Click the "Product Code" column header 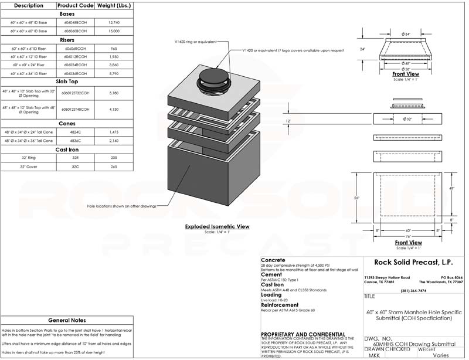75,5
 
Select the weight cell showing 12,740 114,22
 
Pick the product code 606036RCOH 75,73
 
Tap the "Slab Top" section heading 66,83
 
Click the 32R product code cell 75,158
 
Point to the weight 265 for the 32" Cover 114,167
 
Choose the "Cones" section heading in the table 66,124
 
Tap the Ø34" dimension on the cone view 406,34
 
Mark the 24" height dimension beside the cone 363,49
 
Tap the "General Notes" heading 67,321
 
